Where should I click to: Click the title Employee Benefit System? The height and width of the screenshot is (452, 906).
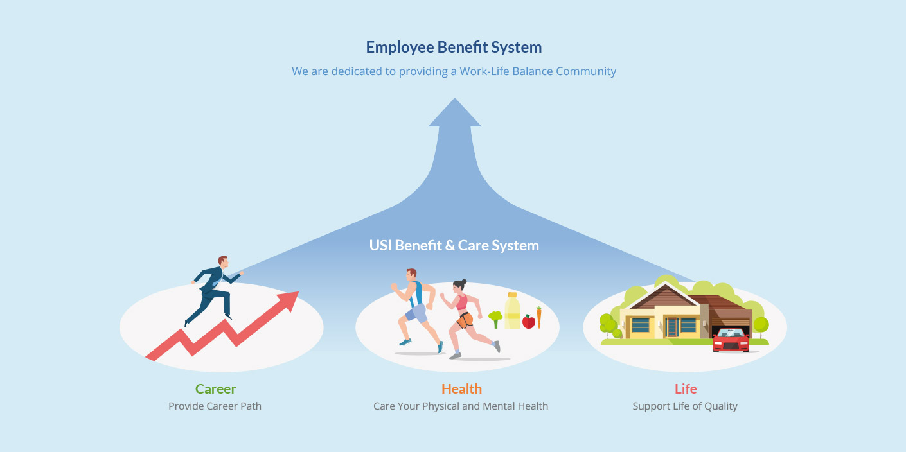(x=454, y=48)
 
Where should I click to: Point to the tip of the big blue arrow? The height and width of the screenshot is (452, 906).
(x=454, y=100)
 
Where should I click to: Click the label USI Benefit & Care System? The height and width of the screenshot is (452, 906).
(x=454, y=245)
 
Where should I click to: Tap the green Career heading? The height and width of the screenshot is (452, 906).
(x=215, y=389)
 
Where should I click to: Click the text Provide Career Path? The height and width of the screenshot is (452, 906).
(x=215, y=406)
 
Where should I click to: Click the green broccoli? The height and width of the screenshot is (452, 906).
(x=495, y=317)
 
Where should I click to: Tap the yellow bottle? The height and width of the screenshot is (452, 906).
(x=512, y=311)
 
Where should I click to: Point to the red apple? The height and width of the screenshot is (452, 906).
(x=528, y=321)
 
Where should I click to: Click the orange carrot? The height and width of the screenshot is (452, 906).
(x=539, y=317)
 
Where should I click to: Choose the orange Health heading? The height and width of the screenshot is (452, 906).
(x=461, y=389)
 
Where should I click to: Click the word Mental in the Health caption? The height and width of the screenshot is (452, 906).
(x=493, y=406)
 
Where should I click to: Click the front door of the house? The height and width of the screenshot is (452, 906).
(x=672, y=327)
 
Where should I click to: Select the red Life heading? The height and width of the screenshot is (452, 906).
(x=686, y=389)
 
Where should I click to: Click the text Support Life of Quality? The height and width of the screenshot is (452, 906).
(x=685, y=406)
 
